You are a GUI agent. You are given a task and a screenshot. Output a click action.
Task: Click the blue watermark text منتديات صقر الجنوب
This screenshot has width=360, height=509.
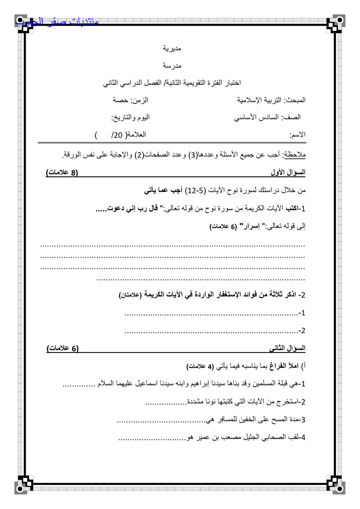(x=57, y=22)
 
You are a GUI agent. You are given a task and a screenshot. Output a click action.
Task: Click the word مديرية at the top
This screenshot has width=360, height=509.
(x=172, y=48)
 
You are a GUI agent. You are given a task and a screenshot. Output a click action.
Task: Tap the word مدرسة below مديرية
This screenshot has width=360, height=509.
(x=172, y=66)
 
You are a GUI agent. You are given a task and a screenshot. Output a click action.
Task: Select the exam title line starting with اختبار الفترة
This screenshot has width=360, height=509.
(x=172, y=83)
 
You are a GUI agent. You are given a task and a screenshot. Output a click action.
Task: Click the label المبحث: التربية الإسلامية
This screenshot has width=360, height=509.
(x=271, y=100)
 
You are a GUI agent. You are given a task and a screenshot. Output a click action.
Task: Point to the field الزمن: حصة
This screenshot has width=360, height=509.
(x=131, y=100)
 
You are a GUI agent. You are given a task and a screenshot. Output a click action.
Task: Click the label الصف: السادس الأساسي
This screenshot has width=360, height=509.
(x=267, y=117)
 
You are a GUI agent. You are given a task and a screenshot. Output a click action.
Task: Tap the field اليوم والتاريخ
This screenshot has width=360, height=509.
(x=131, y=117)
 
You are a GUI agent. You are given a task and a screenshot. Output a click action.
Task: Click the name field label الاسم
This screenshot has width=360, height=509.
(x=297, y=135)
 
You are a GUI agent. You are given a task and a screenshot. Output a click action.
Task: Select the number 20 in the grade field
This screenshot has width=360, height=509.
(x=117, y=135)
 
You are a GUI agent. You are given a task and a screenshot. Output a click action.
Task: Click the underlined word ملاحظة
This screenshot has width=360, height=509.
(x=295, y=155)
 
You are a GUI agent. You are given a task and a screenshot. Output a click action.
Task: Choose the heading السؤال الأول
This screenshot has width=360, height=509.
(x=288, y=173)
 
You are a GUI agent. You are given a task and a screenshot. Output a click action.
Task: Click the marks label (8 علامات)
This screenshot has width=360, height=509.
(x=62, y=173)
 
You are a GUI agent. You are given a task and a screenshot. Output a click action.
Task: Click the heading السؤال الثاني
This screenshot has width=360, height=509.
(x=287, y=348)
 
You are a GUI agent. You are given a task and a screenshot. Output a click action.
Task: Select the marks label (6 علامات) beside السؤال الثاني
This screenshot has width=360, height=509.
(x=63, y=348)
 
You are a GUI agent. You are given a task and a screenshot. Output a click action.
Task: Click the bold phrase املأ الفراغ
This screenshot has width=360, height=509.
(x=284, y=366)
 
